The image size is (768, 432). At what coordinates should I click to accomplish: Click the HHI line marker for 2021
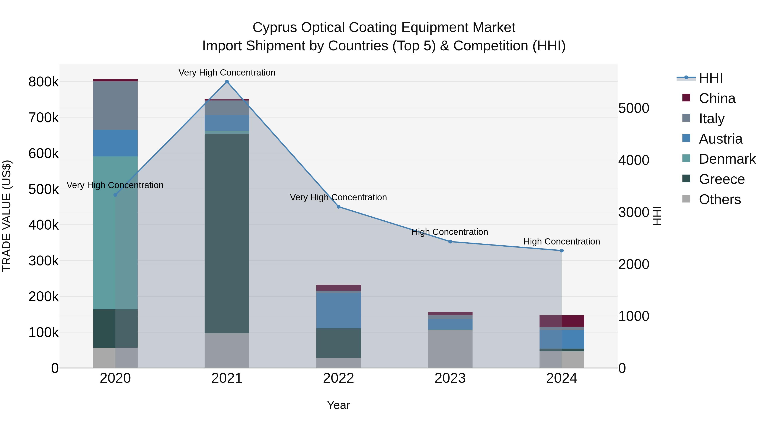coord(227,82)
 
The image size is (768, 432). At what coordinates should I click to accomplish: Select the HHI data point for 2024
coord(562,251)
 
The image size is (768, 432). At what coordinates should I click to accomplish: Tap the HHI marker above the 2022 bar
coord(338,207)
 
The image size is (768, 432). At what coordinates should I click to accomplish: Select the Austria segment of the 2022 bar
coord(338,310)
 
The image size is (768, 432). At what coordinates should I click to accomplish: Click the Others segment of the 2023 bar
coord(450,349)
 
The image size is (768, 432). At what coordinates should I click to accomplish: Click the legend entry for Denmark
coord(727,159)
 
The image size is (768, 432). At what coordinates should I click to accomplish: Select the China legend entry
coord(717,98)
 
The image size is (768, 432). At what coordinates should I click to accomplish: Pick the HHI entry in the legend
coord(710,78)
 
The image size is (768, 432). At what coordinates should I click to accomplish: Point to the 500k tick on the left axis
coord(44,189)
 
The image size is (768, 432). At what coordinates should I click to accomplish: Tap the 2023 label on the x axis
coord(450,378)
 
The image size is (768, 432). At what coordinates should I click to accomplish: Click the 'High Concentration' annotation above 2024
coord(562,241)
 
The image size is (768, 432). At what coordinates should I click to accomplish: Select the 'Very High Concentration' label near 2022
coord(338,197)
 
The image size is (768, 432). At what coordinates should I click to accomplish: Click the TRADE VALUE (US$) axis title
coord(7,216)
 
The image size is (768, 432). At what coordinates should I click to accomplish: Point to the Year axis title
coord(338,405)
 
